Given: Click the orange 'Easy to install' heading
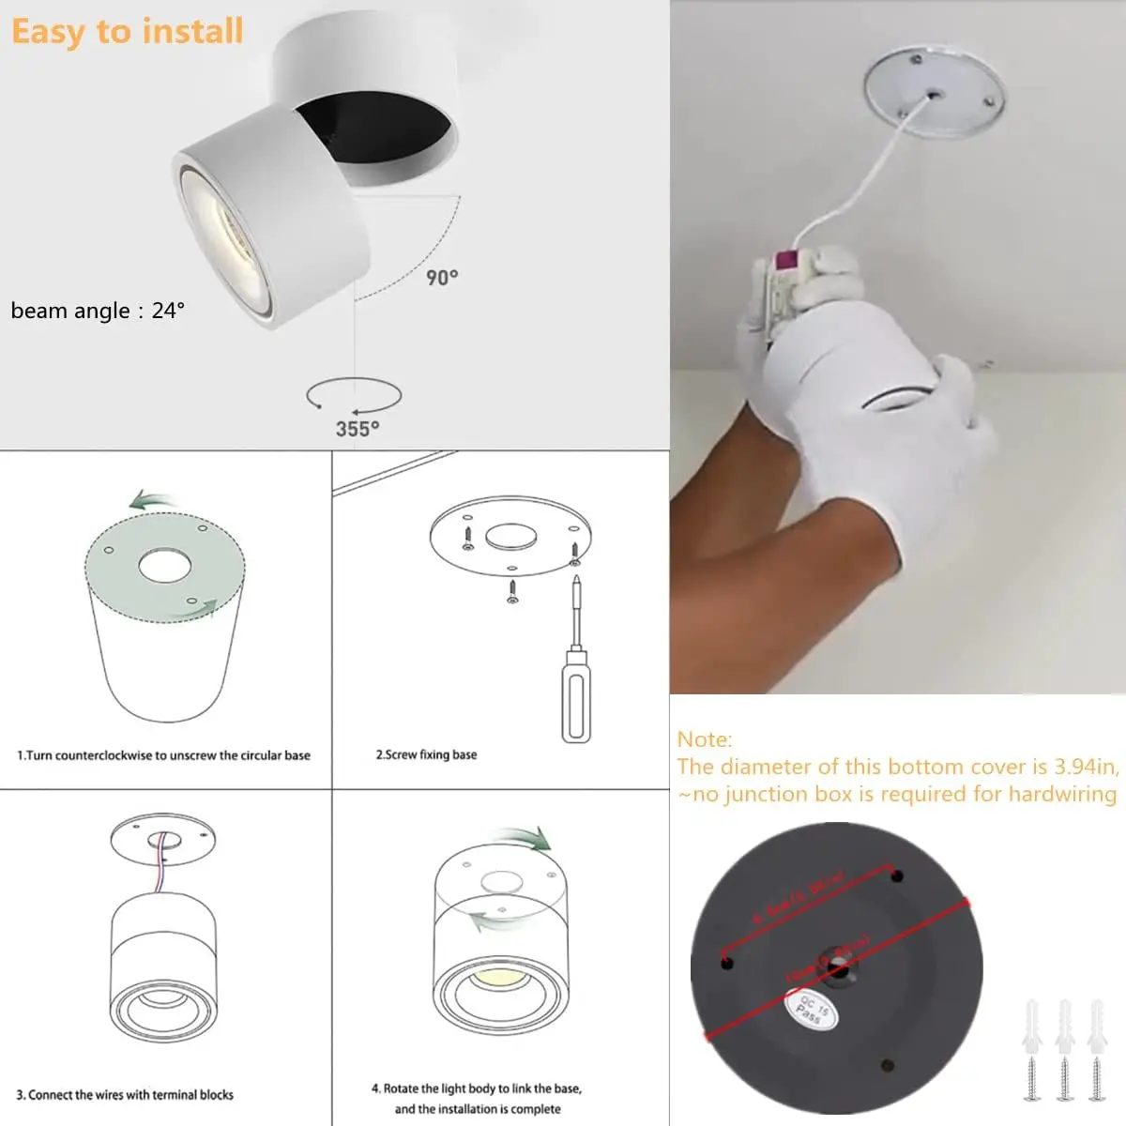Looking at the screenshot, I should [127, 32].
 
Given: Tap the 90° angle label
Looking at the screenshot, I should [442, 278].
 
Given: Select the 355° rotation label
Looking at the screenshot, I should [358, 429].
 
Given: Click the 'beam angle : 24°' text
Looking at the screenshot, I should [98, 311].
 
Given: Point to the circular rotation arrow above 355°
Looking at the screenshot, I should [354, 395].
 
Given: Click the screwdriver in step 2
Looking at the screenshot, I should [576, 666].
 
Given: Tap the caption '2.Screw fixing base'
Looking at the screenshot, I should [426, 754].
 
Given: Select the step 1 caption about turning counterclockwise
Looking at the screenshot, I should [163, 755].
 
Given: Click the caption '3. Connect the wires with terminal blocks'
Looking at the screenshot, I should [125, 1094].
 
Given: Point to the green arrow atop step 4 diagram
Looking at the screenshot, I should [525, 838].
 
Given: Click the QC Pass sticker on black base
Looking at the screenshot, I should [811, 1008].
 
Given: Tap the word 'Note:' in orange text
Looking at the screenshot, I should [705, 739].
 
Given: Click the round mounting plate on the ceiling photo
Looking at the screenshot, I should [934, 94].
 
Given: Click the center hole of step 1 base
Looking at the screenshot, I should [164, 566].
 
